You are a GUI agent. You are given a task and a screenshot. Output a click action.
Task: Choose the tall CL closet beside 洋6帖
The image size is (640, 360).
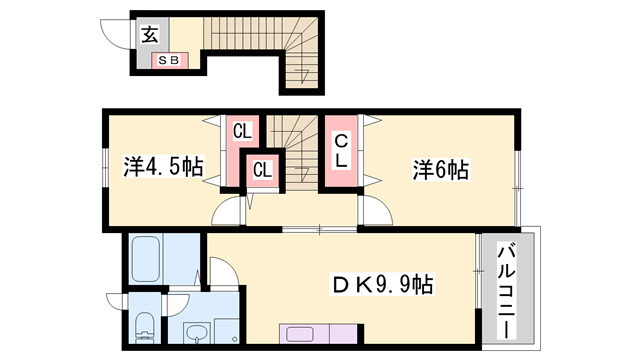pyautogui.click(x=340, y=151)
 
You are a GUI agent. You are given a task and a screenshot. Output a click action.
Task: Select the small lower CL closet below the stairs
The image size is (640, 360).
pyautogui.click(x=262, y=171)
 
